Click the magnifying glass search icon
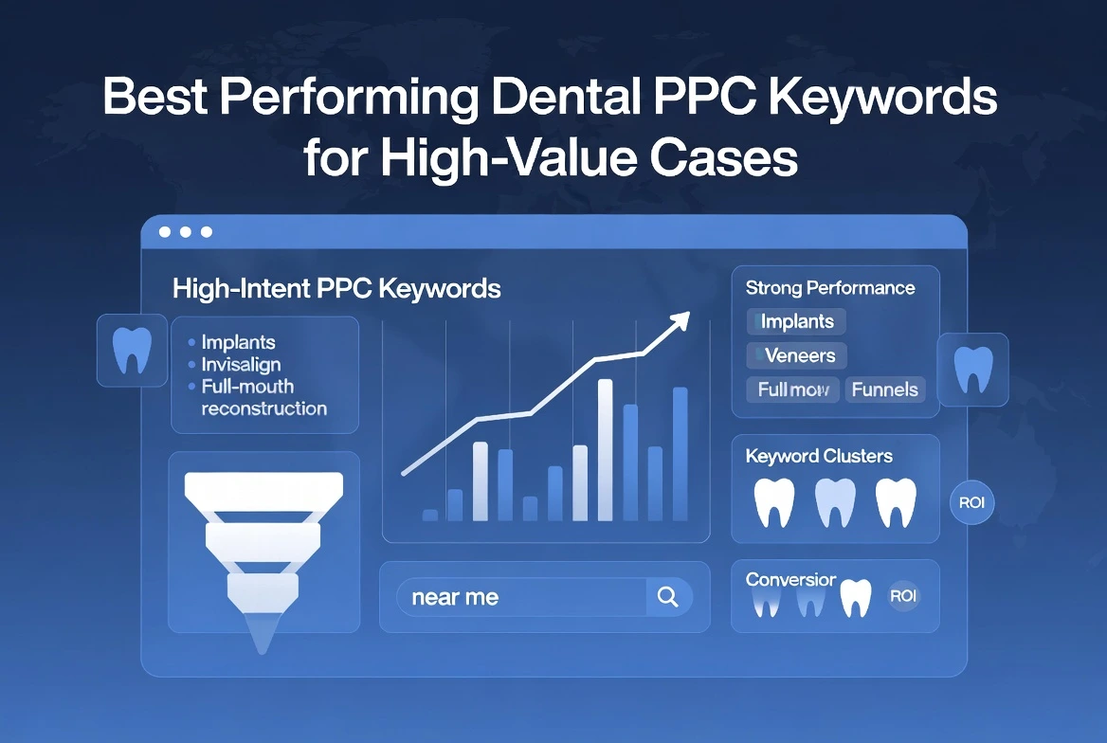(667, 597)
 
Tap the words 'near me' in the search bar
(455, 598)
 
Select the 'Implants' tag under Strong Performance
(796, 321)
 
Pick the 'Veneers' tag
(796, 355)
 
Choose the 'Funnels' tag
(884, 389)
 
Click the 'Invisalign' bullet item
(241, 364)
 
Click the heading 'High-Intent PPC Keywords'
(336, 289)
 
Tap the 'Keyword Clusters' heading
(819, 456)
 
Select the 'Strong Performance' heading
(830, 288)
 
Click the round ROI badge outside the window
(971, 502)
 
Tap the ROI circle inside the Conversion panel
(903, 596)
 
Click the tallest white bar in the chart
(605, 449)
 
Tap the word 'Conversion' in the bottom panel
(790, 579)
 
